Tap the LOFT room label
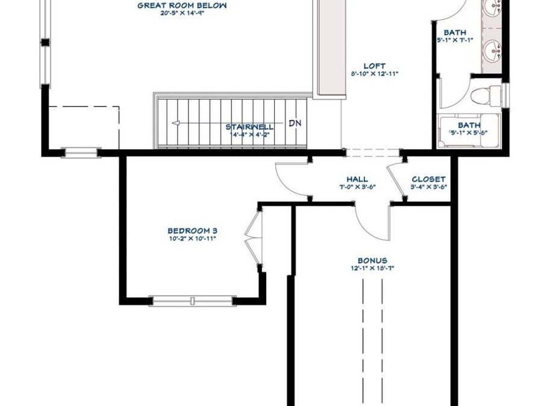tap(374, 66)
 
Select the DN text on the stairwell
tap(294, 123)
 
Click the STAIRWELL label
tap(249, 127)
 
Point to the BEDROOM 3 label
tap(192, 230)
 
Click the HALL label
tap(357, 179)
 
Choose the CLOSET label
tap(428, 179)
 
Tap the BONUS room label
tap(372, 260)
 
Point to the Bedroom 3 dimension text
tap(192, 238)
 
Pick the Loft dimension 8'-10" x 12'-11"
tap(374, 73)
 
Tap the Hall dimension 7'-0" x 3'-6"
tap(357, 187)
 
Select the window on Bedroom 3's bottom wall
tap(192, 300)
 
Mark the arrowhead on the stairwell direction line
tap(176, 123)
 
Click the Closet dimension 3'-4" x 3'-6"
tap(428, 187)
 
